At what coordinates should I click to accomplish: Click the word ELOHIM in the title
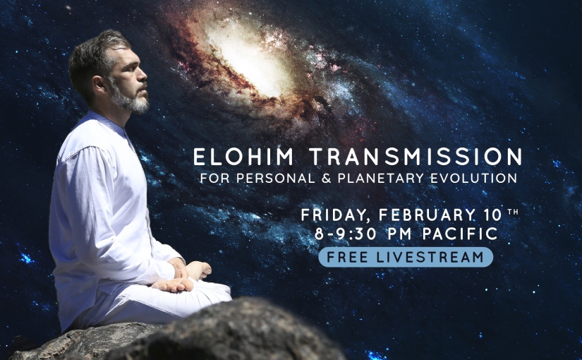click(x=243, y=157)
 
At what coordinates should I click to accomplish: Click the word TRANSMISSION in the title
click(x=416, y=157)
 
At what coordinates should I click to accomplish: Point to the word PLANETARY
click(x=380, y=179)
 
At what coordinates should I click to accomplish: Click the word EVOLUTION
click(x=473, y=179)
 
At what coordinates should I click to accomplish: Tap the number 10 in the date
click(x=492, y=215)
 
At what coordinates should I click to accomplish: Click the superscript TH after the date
click(x=513, y=212)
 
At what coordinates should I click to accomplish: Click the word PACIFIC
click(x=460, y=234)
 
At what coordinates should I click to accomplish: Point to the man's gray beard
click(x=131, y=97)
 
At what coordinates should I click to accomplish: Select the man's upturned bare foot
click(x=173, y=284)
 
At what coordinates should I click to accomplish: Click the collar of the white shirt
click(x=108, y=123)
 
